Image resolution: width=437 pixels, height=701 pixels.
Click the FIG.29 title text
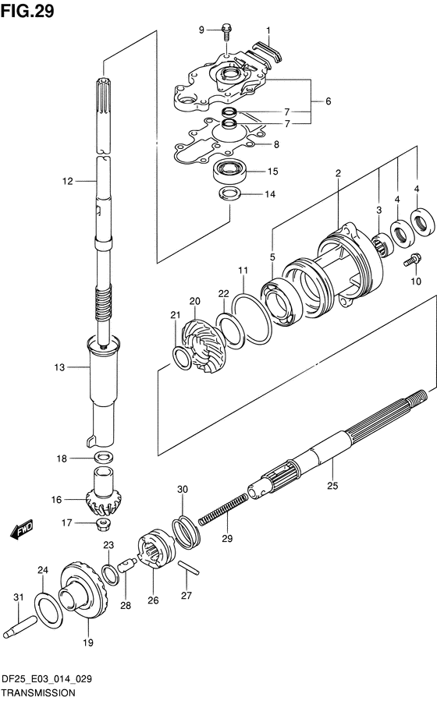[x=27, y=11]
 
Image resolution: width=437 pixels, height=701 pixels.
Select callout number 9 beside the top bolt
[x=202, y=30]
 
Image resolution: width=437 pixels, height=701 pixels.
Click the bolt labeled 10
[x=413, y=260]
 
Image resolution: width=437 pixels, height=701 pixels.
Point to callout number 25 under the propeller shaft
[x=332, y=486]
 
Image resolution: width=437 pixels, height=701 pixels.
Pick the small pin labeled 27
[x=189, y=568]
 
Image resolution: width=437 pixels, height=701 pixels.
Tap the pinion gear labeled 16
[x=99, y=491]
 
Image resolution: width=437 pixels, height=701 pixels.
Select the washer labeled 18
[x=103, y=457]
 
